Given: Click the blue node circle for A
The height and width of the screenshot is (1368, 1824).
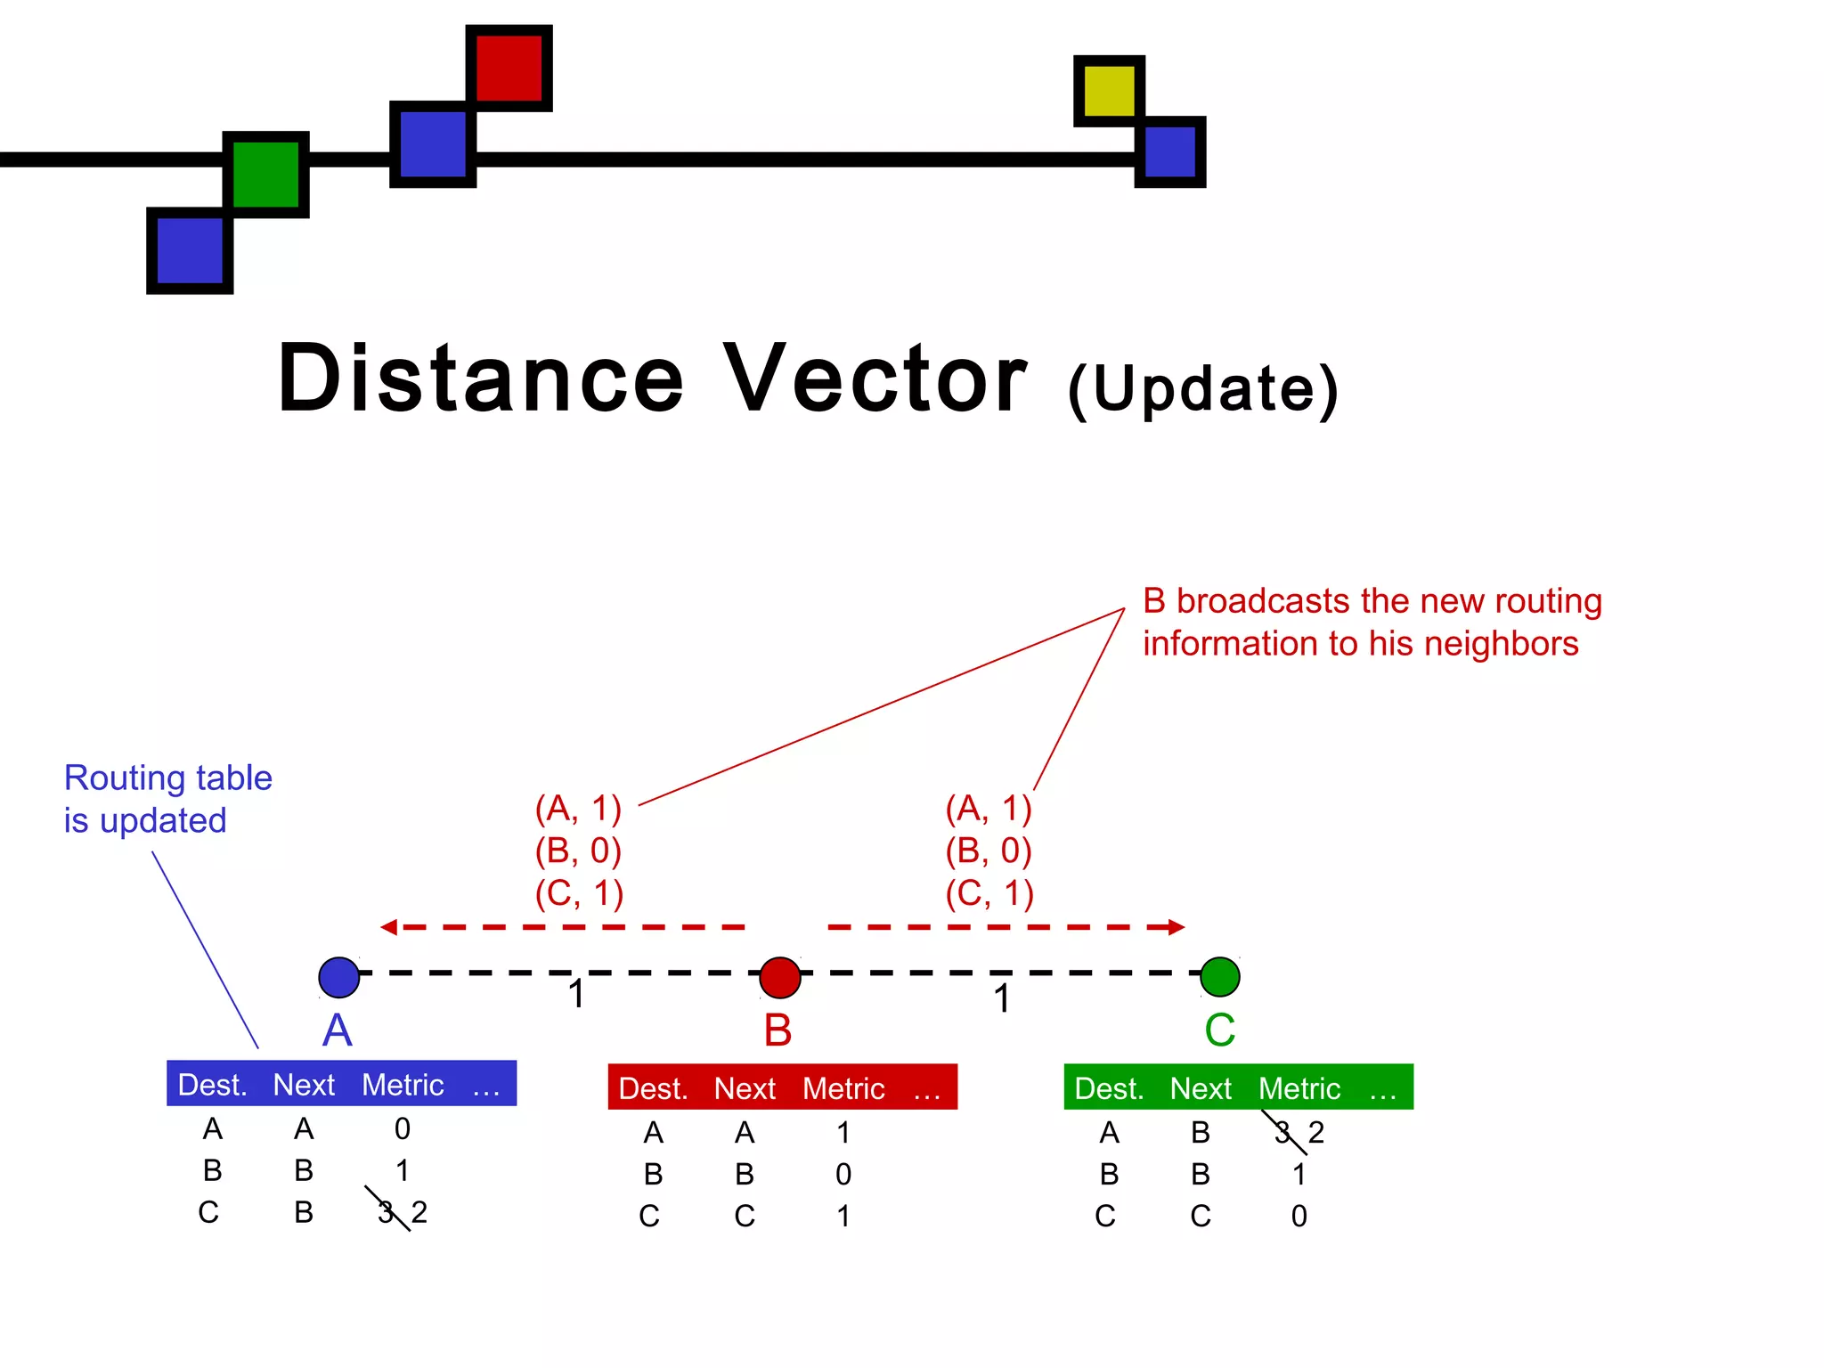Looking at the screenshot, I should pos(339,977).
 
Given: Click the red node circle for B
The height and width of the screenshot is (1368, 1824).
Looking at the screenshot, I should pos(780,977).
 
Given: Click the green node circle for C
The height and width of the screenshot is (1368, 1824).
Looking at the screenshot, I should pos(1219,977).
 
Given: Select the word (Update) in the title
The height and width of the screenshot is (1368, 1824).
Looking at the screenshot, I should pos(1202,389).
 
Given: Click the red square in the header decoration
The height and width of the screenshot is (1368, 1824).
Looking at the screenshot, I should pos(509,69).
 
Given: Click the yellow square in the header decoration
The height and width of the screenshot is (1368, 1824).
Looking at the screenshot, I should pos(1109,90).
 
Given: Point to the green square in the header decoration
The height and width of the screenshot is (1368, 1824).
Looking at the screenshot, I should pos(265,175).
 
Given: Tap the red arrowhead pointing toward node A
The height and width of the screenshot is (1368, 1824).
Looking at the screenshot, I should pos(389,927).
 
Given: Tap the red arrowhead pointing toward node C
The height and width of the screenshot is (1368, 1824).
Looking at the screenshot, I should pos(1176,927).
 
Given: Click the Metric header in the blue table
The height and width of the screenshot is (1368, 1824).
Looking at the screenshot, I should pos(403,1085).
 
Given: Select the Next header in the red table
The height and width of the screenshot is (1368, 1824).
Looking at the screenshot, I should pos(745,1088).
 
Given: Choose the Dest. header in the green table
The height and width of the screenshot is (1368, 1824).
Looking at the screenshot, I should pos(1109,1088).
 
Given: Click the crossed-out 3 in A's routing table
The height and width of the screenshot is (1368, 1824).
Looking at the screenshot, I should pos(387,1211).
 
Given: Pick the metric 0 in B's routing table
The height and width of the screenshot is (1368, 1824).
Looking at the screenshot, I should pos(843,1175).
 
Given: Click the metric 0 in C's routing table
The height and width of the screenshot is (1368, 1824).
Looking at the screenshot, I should pos(1299,1216).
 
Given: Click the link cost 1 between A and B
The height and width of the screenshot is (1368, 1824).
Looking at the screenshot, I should pos(577,994).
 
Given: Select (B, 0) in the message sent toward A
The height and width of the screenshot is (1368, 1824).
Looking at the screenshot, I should pos(578,851).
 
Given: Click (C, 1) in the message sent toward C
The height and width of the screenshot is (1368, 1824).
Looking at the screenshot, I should pos(989,892).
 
